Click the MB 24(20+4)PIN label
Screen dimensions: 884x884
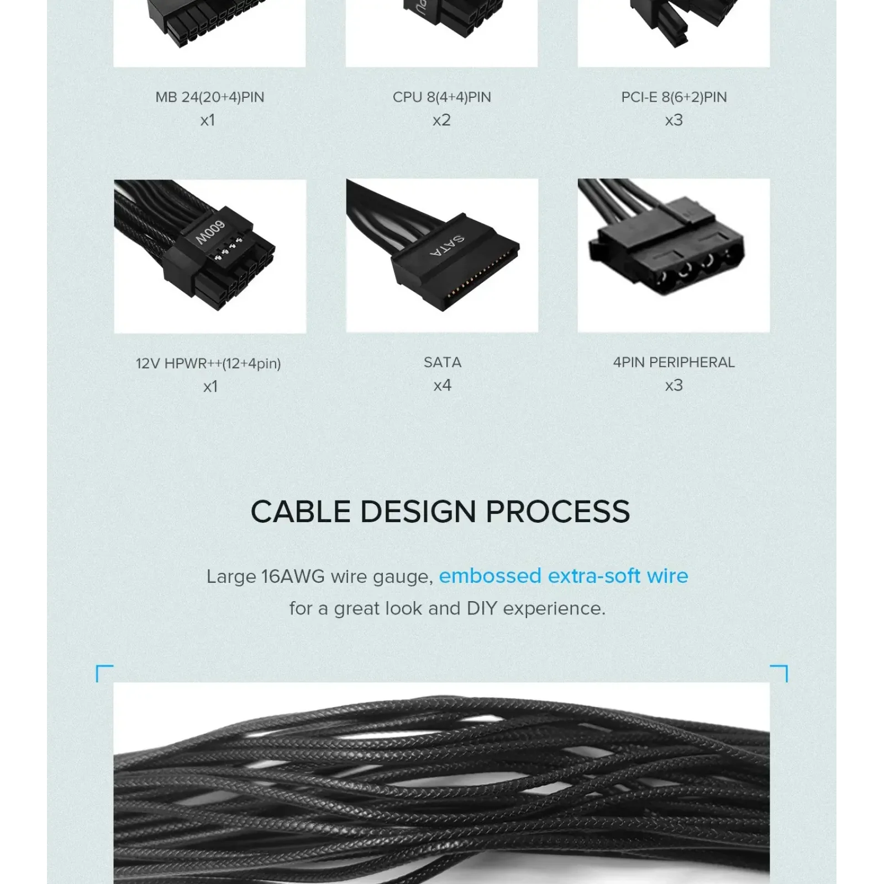tap(210, 97)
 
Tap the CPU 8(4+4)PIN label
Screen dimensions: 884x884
tap(442, 97)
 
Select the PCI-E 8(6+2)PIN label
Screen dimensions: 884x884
tap(674, 97)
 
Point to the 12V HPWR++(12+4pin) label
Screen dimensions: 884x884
tap(208, 364)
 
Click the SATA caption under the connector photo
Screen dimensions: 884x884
tap(443, 362)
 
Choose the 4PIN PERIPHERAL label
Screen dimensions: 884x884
tap(674, 362)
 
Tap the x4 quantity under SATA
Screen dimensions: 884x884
tap(443, 385)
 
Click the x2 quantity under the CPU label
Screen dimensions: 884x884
tap(442, 120)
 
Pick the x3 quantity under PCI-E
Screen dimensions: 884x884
tap(674, 120)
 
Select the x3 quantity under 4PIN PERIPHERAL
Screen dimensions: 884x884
tap(674, 385)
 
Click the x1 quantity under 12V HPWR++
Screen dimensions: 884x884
tap(210, 386)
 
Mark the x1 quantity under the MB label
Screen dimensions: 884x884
tap(208, 120)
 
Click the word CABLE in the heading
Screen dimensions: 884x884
tap(301, 512)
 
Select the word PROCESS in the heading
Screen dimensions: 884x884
tap(558, 512)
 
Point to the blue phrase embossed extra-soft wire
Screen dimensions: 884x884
tap(564, 576)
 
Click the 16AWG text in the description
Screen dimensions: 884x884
tap(293, 577)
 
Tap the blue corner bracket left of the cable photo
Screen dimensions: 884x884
tap(104, 673)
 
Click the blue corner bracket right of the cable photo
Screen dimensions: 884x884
tap(779, 673)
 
